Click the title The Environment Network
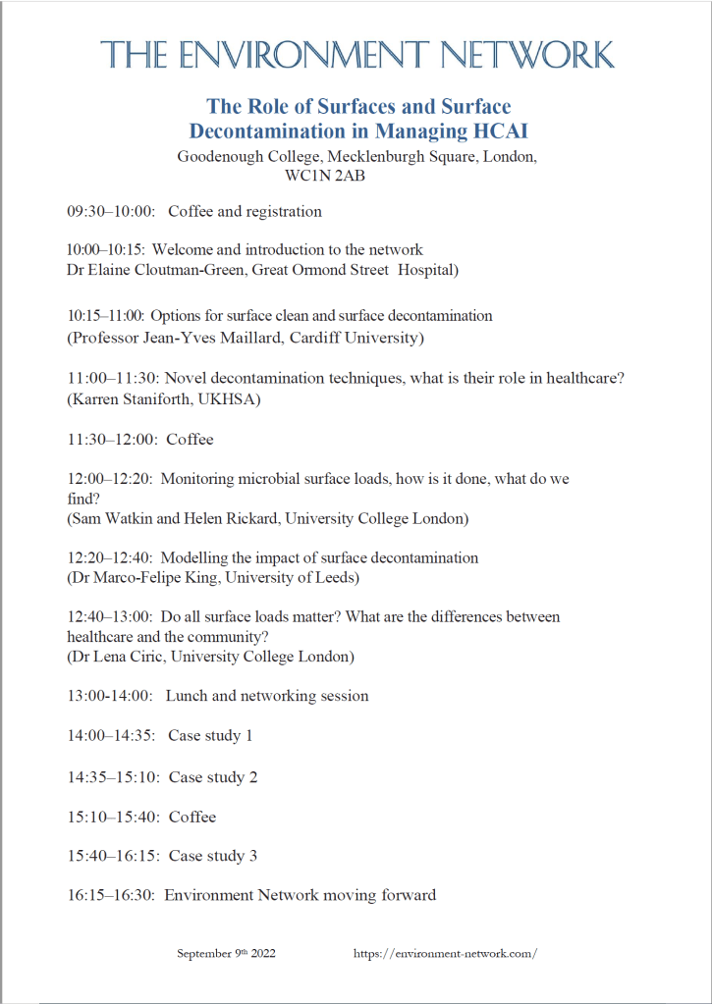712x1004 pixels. (357, 55)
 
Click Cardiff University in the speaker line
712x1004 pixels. (363, 339)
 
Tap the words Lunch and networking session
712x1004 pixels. (267, 696)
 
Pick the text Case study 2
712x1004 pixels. (213, 777)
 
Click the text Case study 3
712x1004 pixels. (213, 856)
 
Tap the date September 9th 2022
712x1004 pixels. (226, 954)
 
